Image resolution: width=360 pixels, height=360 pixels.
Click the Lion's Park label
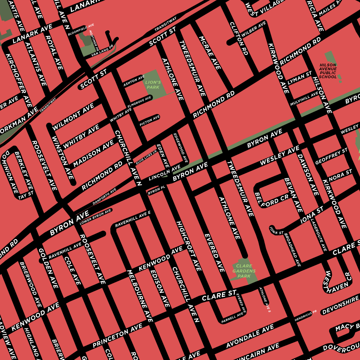click(x=153, y=84)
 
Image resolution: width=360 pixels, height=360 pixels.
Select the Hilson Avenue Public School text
click(x=328, y=71)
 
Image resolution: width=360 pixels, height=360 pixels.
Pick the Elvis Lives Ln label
click(x=146, y=158)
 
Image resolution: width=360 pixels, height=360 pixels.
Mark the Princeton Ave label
click(x=117, y=336)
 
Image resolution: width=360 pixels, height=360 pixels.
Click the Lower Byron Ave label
click(x=96, y=216)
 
